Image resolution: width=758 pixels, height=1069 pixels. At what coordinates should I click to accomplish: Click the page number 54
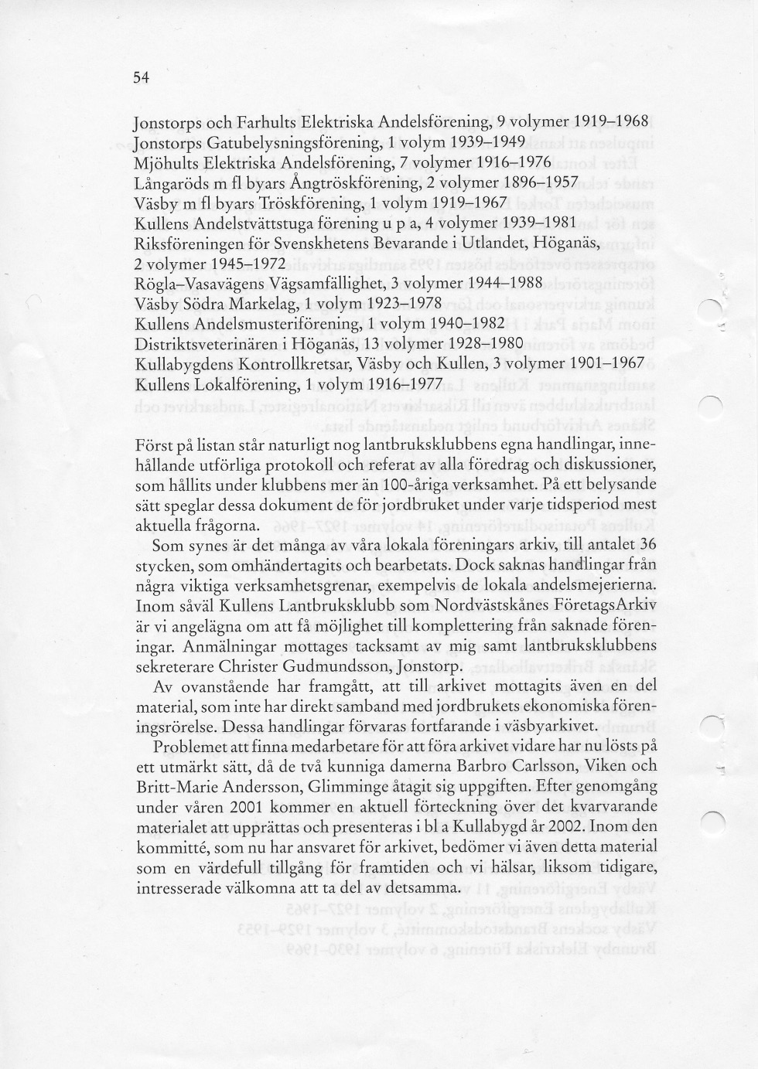140,77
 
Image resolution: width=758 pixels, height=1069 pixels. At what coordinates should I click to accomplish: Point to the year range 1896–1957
540,183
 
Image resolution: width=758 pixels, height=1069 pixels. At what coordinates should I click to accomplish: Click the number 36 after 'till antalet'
648,545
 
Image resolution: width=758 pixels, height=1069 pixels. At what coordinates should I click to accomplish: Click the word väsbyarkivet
547,726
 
